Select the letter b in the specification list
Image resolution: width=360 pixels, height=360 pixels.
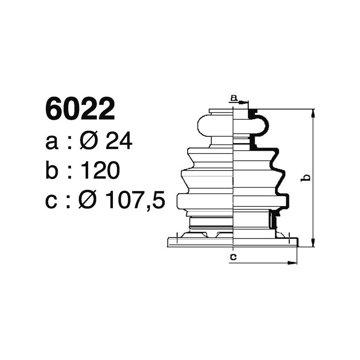click(x=53, y=171)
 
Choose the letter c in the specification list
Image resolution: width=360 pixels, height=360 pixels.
click(x=52, y=202)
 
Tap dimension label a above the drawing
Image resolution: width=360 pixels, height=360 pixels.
click(x=233, y=98)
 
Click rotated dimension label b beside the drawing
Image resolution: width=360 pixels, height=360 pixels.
click(x=306, y=178)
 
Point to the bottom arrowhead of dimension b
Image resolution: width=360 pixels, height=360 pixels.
click(x=313, y=243)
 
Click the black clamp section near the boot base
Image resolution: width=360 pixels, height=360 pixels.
click(x=272, y=220)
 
